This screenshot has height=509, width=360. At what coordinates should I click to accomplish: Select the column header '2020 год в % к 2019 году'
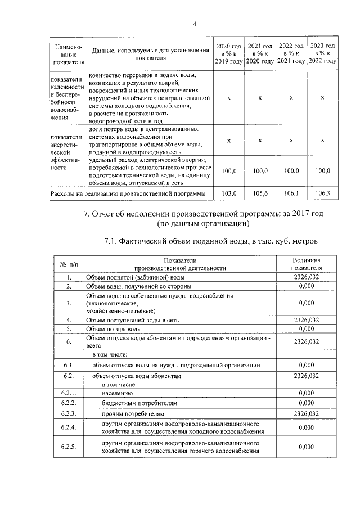[228, 53]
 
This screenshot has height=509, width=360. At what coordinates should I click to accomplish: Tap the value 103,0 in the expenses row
[228, 193]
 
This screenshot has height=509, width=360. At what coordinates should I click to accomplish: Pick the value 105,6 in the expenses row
[260, 193]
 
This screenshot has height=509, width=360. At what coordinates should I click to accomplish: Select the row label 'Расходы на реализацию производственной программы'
[128, 193]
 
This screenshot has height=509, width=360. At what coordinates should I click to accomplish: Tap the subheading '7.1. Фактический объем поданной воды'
[211, 242]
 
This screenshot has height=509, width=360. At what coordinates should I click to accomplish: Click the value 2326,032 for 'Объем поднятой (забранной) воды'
[306, 277]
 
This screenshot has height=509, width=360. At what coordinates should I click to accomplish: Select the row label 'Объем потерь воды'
[114, 328]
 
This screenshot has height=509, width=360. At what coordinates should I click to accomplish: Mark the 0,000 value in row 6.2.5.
[306, 447]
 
